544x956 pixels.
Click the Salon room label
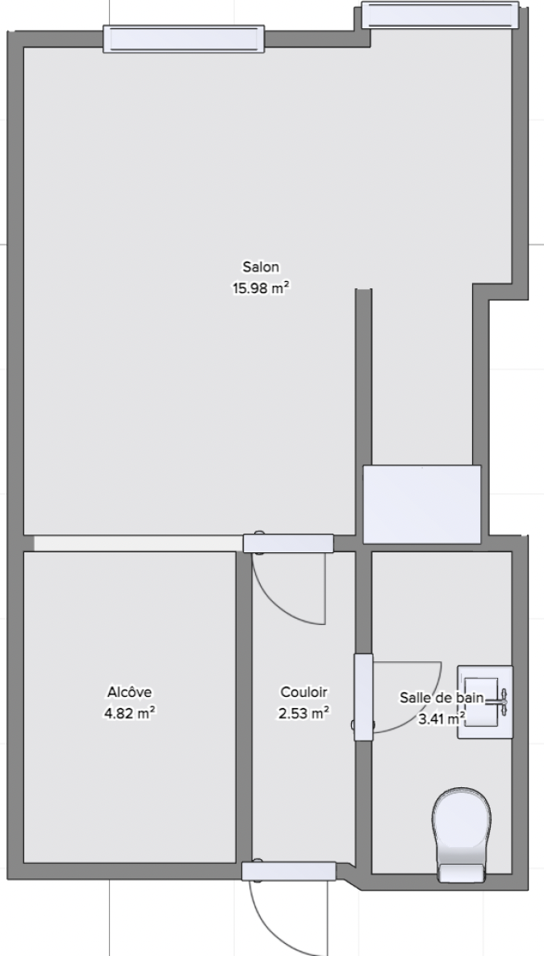(x=261, y=266)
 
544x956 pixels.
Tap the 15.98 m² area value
(x=260, y=288)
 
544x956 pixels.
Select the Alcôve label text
(x=129, y=692)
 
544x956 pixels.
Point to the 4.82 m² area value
(x=129, y=713)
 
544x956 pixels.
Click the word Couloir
(x=304, y=692)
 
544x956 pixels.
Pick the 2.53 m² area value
(x=304, y=713)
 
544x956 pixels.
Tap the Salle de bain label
(x=441, y=698)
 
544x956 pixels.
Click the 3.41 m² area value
(x=442, y=719)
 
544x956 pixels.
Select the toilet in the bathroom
(x=462, y=835)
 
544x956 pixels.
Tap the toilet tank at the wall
(x=462, y=873)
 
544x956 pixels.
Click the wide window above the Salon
(x=183, y=39)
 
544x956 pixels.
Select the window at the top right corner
(x=440, y=15)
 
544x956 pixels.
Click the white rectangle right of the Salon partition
(x=422, y=504)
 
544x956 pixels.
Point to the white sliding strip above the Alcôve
(x=138, y=543)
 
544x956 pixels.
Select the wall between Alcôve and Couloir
(x=244, y=707)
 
